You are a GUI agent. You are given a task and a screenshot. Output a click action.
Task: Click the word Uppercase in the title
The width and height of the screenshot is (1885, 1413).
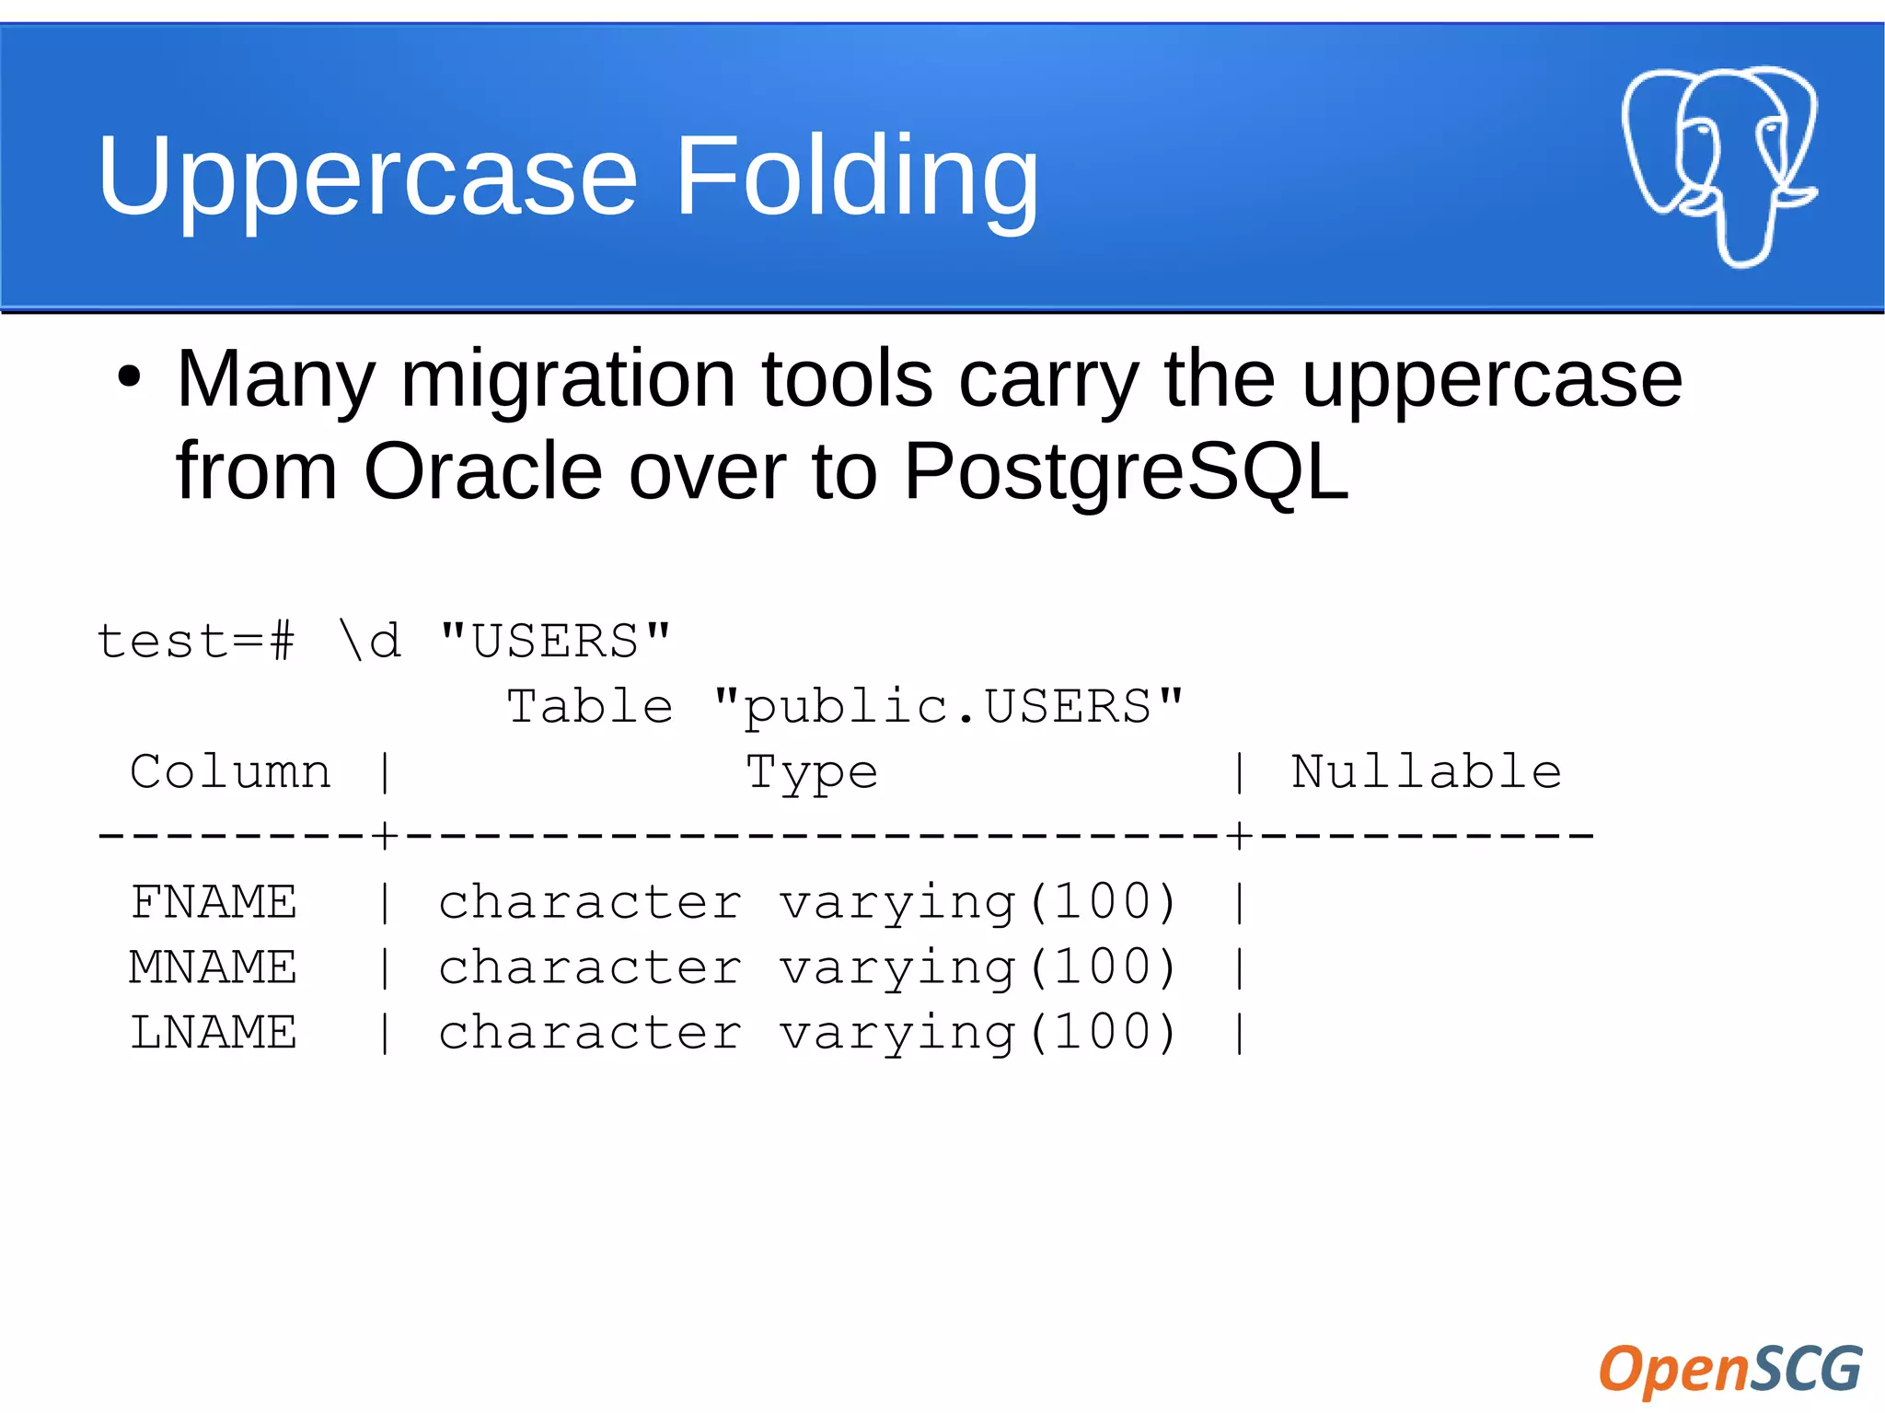click(366, 177)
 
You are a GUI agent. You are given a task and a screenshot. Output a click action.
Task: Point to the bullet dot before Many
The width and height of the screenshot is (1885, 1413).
click(130, 377)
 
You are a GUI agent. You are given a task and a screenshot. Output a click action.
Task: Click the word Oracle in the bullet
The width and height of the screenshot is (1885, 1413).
click(484, 471)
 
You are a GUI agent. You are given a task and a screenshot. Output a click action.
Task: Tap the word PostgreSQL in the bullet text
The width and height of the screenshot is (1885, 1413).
click(1125, 471)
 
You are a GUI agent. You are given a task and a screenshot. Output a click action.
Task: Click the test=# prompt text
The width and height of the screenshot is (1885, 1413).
click(195, 641)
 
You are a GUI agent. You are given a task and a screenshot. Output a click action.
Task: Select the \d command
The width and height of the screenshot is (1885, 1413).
click(370, 641)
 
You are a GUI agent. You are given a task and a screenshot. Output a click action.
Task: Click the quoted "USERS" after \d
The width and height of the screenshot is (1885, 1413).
click(555, 641)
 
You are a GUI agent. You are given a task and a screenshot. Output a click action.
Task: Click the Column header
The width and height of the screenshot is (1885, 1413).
click(230, 771)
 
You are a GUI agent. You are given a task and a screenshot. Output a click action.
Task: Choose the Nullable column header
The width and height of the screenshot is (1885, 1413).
click(1426, 771)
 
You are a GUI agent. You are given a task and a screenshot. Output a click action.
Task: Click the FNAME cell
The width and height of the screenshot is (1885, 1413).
click(214, 902)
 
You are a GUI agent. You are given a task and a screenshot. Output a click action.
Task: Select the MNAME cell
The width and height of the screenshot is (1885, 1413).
click(214, 967)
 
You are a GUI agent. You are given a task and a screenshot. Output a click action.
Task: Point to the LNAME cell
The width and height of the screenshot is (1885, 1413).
click(214, 1033)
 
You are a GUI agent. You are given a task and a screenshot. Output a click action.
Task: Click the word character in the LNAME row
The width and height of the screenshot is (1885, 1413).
click(589, 1033)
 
